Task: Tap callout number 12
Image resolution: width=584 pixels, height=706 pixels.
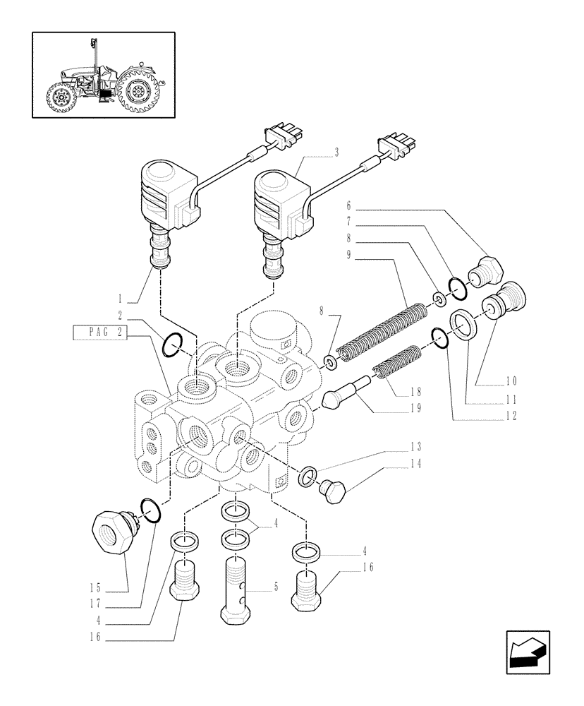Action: coord(511,416)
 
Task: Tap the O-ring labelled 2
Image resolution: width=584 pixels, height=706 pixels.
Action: coord(172,346)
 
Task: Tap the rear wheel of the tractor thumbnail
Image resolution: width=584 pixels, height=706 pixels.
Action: coord(138,91)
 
